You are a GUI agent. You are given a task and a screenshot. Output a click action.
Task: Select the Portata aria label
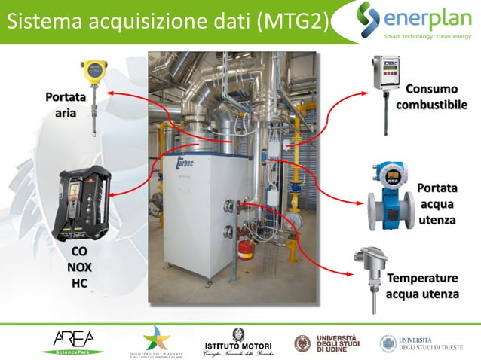pos(65,105)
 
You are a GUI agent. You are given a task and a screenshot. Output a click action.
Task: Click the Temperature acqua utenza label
pos(422,285)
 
